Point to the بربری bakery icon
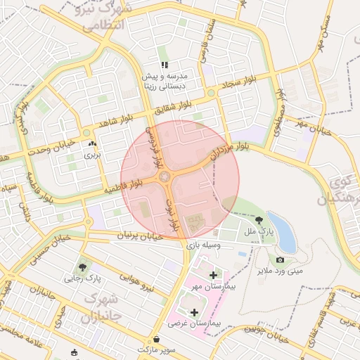tap(93, 145)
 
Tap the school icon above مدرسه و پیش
tap(165, 65)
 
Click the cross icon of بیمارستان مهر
tap(213, 274)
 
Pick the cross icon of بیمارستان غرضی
tap(194, 311)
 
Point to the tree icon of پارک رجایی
tap(83, 267)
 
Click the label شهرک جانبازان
tap(103, 307)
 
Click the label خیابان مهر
tap(311, 126)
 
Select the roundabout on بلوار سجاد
tap(210, 92)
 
